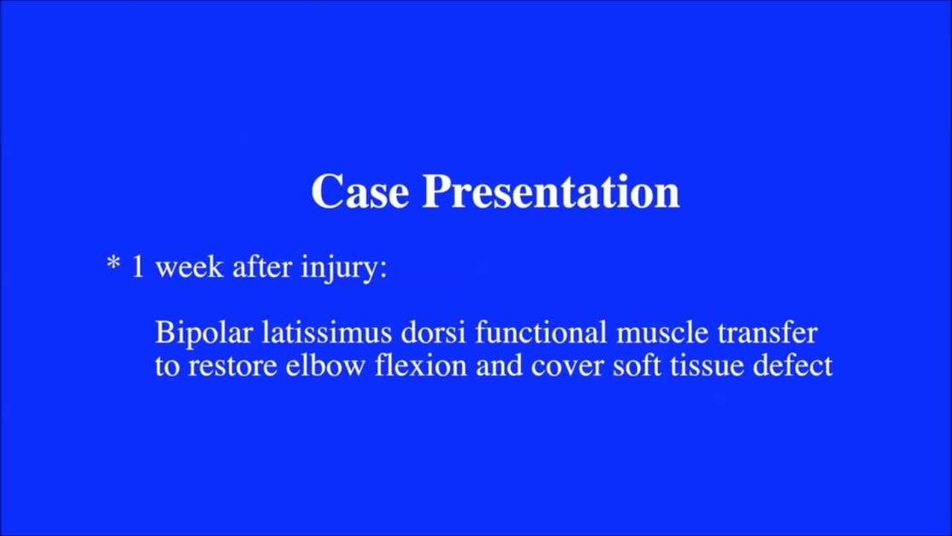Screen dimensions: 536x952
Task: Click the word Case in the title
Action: pos(360,191)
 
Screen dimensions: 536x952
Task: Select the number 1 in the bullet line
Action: pos(138,268)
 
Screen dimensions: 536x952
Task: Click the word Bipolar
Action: pos(202,333)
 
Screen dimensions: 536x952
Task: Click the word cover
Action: pos(564,366)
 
